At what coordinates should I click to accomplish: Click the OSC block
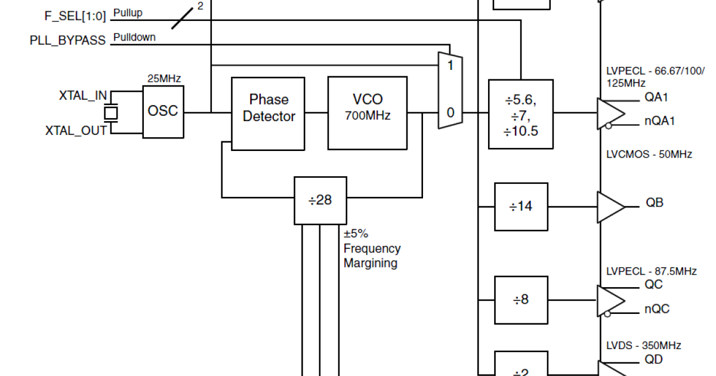pyautogui.click(x=163, y=112)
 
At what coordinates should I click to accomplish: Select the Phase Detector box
pyautogui.click(x=268, y=113)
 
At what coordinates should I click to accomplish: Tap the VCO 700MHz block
pyautogui.click(x=367, y=113)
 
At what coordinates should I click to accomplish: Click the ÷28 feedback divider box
pyautogui.click(x=320, y=201)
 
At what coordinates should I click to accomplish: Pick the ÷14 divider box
pyautogui.click(x=521, y=207)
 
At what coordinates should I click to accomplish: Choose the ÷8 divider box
pyautogui.click(x=521, y=300)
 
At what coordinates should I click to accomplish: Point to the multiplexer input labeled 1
pyautogui.click(x=450, y=65)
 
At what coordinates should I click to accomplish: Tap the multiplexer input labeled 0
pyautogui.click(x=450, y=113)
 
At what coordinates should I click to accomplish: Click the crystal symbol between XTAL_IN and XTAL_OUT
pyautogui.click(x=110, y=112)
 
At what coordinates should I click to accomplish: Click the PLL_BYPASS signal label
pyautogui.click(x=67, y=41)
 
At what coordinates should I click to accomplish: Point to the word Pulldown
pyautogui.click(x=134, y=37)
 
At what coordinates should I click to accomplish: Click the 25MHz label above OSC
pyautogui.click(x=164, y=78)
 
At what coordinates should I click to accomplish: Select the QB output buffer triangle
pyautogui.click(x=609, y=207)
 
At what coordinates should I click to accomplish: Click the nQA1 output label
pyautogui.click(x=659, y=121)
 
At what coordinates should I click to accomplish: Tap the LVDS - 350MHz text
pyautogui.click(x=643, y=346)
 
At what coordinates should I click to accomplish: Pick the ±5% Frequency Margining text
pyautogui.click(x=371, y=248)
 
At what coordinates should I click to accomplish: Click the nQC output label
pyautogui.click(x=656, y=309)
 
